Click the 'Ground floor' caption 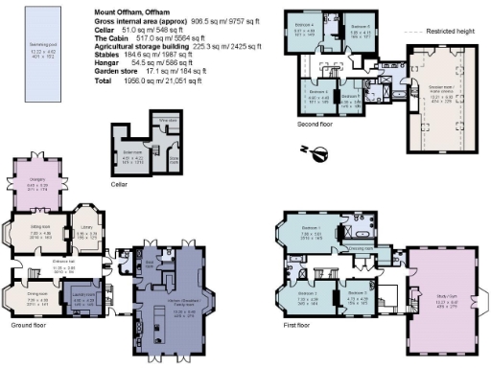point(30,325)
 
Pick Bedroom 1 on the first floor point(310,233)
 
